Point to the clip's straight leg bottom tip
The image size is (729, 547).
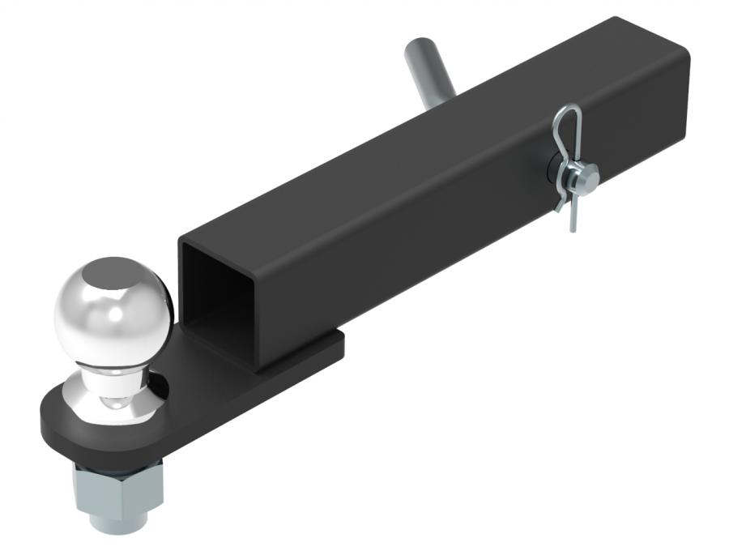573,229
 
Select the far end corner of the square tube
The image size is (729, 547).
683,49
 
